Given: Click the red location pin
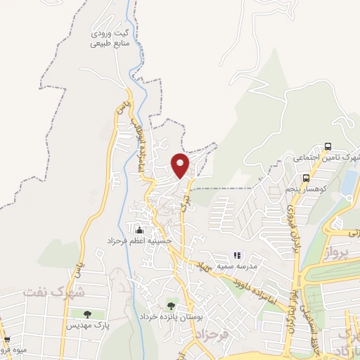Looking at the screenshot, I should (x=181, y=165).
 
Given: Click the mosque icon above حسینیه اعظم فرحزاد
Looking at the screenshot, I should (x=139, y=230).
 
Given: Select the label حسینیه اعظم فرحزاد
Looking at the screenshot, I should (x=148, y=241).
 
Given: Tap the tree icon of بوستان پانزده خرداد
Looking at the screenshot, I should (x=171, y=306).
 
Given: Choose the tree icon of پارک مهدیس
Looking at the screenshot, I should (x=86, y=314).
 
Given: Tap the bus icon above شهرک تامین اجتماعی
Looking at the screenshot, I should (x=328, y=147).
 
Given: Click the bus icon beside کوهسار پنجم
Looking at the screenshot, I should (x=306, y=178).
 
